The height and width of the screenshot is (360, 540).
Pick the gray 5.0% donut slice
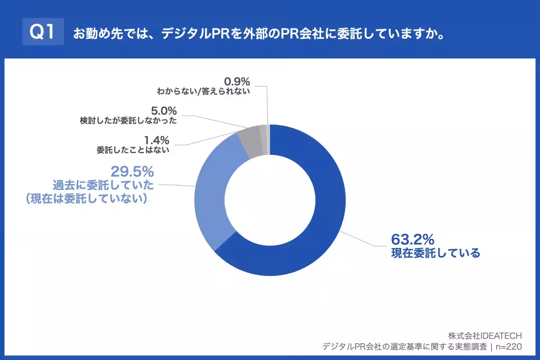pyautogui.click(x=250, y=137)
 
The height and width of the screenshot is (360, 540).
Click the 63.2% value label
pyautogui.click(x=412, y=239)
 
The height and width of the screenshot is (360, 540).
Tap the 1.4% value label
pyautogui.click(x=157, y=139)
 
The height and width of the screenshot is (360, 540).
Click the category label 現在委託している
pyautogui.click(x=436, y=253)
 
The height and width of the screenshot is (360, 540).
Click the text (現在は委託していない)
pyautogui.click(x=87, y=199)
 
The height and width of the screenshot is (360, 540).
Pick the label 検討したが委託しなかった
pyautogui.click(x=128, y=121)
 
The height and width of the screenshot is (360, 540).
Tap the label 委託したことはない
pyautogui.click(x=133, y=150)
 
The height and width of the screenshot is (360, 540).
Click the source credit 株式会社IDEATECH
pyautogui.click(x=485, y=336)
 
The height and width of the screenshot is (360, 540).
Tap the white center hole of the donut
pyautogui.click(x=270, y=200)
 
